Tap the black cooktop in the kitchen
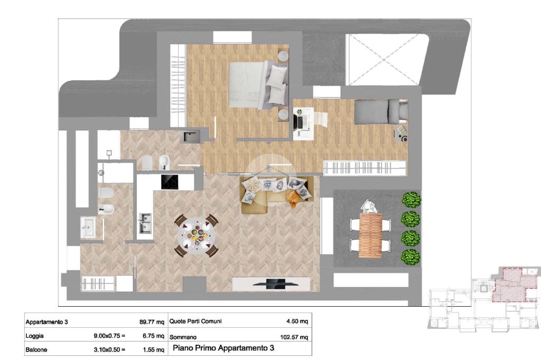click(x=170, y=182)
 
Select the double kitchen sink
click(x=145, y=223)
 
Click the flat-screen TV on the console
click(x=276, y=283)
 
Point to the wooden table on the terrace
click(x=370, y=235)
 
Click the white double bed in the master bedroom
click(x=258, y=84)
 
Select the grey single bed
click(x=381, y=111)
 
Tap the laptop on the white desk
click(x=299, y=121)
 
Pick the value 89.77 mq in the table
click(x=152, y=322)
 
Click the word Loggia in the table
click(x=34, y=336)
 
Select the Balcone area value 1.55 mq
click(x=154, y=349)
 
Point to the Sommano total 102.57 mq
click(x=294, y=337)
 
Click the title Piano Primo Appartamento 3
click(x=223, y=348)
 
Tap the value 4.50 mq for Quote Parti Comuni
click(x=297, y=321)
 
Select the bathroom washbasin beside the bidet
click(x=88, y=227)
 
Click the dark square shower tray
click(x=190, y=136)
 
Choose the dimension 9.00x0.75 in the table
click(x=109, y=336)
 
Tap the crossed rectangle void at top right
click(x=384, y=60)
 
